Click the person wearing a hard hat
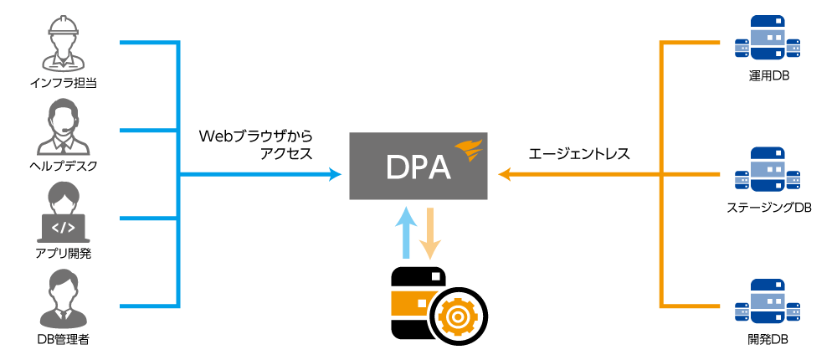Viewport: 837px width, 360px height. [x=63, y=44]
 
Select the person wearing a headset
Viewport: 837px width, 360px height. [x=63, y=127]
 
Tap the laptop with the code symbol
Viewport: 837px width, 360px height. [x=64, y=227]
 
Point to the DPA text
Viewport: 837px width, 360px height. [x=418, y=167]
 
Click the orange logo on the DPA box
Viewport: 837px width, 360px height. [x=469, y=151]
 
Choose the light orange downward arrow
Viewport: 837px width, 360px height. [x=429, y=234]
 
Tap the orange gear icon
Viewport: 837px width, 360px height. [x=457, y=316]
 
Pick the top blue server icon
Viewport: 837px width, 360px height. [x=767, y=38]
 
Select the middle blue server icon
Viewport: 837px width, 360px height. [x=767, y=169]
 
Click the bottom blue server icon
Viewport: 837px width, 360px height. [x=767, y=301]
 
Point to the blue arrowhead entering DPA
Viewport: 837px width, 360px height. [x=336, y=174]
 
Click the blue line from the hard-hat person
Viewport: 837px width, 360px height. [x=149, y=42]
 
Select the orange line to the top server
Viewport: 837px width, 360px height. [x=691, y=42]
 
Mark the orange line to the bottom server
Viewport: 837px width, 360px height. [x=691, y=306]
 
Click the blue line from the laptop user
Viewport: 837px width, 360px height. [x=149, y=219]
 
